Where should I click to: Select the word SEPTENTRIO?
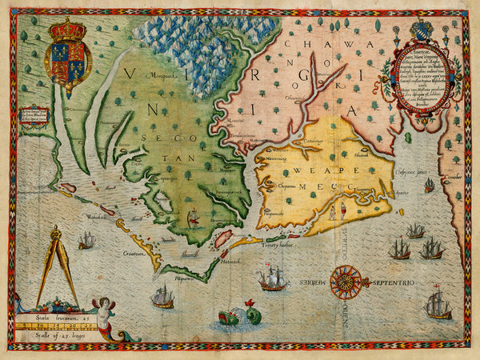(393, 282)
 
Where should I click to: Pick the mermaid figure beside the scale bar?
(104, 314)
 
